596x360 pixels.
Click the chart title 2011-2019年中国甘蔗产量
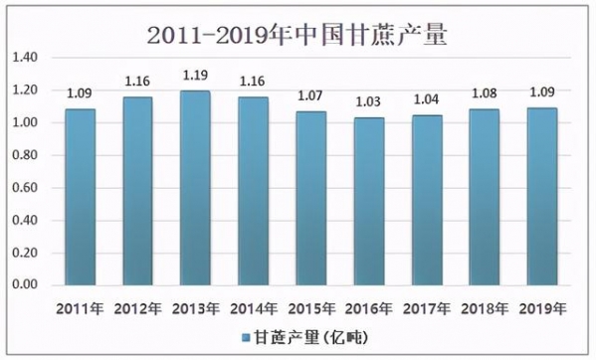point(297,36)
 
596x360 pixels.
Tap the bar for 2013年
point(194,189)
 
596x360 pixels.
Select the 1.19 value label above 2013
point(195,75)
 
